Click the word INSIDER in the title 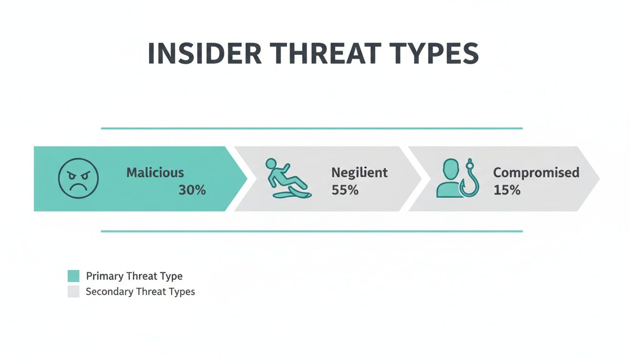[x=204, y=54]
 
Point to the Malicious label [x=155, y=172]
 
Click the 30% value [x=192, y=190]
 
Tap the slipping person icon [x=286, y=179]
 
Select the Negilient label [x=360, y=172]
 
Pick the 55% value [x=345, y=190]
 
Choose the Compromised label [x=536, y=172]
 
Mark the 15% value [x=507, y=190]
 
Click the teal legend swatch [x=74, y=276]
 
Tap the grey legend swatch [x=74, y=292]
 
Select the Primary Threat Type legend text [x=134, y=276]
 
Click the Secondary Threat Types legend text [x=140, y=292]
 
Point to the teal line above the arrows [x=312, y=128]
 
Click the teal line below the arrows [x=312, y=231]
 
